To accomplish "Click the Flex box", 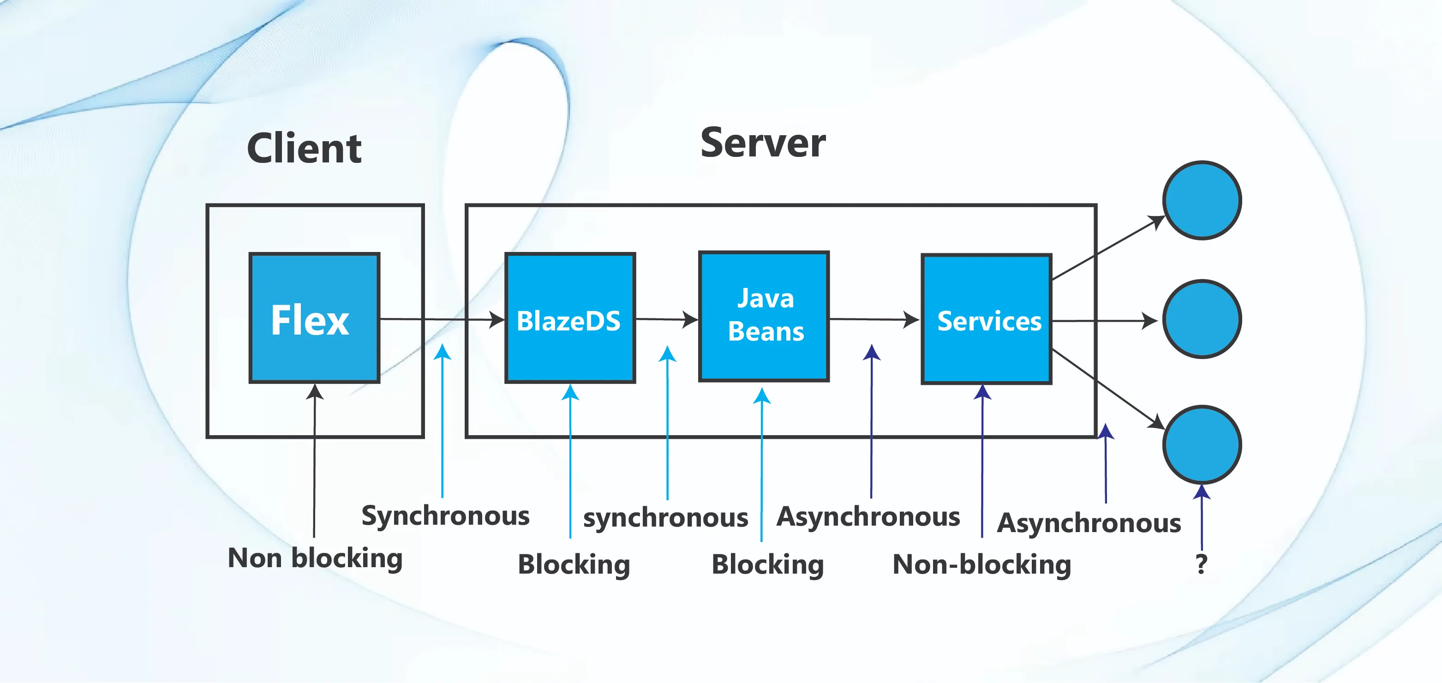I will click(x=315, y=318).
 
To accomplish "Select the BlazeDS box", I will click(x=570, y=318).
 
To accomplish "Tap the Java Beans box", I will click(x=764, y=316).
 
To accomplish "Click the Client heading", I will click(x=304, y=148).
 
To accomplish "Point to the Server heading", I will click(x=762, y=143).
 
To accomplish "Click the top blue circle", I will click(x=1202, y=200).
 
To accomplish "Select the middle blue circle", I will click(x=1202, y=319).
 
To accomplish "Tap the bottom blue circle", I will click(x=1202, y=444).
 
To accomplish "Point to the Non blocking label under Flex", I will click(x=315, y=558).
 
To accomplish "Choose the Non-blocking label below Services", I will click(x=981, y=564).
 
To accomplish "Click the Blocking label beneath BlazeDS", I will click(x=574, y=564).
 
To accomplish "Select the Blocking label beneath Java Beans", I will click(x=767, y=564).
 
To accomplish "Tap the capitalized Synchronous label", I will click(x=446, y=515).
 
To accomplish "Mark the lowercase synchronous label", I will click(x=665, y=517).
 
